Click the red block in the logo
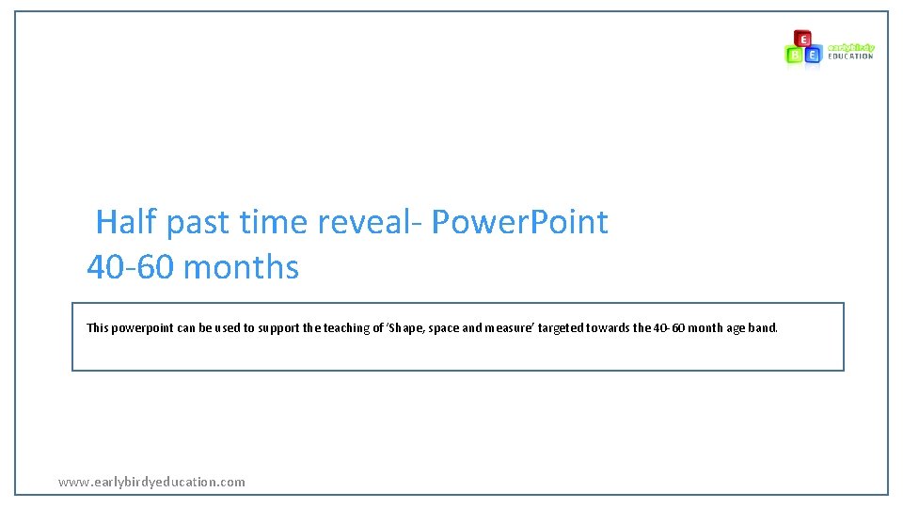click(x=802, y=39)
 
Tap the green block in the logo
click(x=795, y=55)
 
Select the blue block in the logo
click(x=813, y=55)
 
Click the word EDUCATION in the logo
click(x=850, y=56)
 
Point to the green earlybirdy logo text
click(x=850, y=47)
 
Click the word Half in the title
click(x=127, y=222)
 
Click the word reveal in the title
click(x=368, y=222)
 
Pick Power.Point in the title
click(x=519, y=222)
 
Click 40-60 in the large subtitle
click(x=131, y=267)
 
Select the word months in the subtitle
click(x=242, y=267)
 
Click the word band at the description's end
click(x=764, y=328)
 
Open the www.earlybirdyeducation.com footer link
click(x=151, y=482)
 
